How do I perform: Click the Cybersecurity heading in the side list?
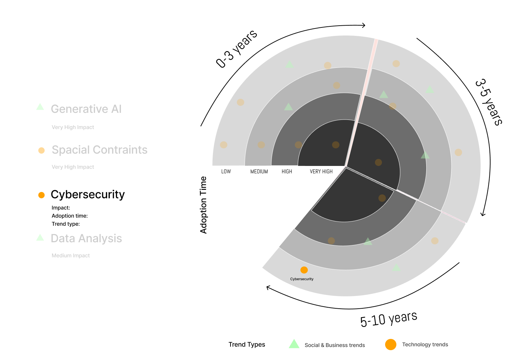87,194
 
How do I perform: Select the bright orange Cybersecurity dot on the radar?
304,270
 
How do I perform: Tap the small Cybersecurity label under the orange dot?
302,279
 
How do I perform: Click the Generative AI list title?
86,109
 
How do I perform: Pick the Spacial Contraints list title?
99,150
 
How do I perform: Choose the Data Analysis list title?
86,238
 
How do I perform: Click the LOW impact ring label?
226,172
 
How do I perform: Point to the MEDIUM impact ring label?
259,172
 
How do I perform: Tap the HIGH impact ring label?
287,172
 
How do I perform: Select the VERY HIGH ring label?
321,172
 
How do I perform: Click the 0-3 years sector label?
236,49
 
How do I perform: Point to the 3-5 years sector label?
489,102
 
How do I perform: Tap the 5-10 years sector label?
389,319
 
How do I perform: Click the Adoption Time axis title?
203,205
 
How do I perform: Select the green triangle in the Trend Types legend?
294,344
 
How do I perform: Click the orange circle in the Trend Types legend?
391,345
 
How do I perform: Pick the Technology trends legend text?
425,345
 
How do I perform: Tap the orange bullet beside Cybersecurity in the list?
41,195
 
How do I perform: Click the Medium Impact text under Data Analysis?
71,256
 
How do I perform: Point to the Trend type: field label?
66,224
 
